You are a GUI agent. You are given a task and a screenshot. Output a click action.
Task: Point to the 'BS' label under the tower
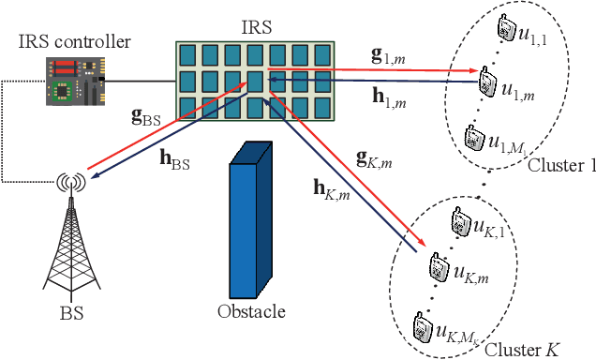[70, 313]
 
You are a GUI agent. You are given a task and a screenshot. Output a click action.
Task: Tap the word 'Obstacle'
[248, 311]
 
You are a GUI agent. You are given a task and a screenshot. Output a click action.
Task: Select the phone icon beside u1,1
[506, 28]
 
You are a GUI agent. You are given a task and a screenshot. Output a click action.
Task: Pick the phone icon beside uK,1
[459, 222]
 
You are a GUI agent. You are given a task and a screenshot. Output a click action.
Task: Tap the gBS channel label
[147, 119]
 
